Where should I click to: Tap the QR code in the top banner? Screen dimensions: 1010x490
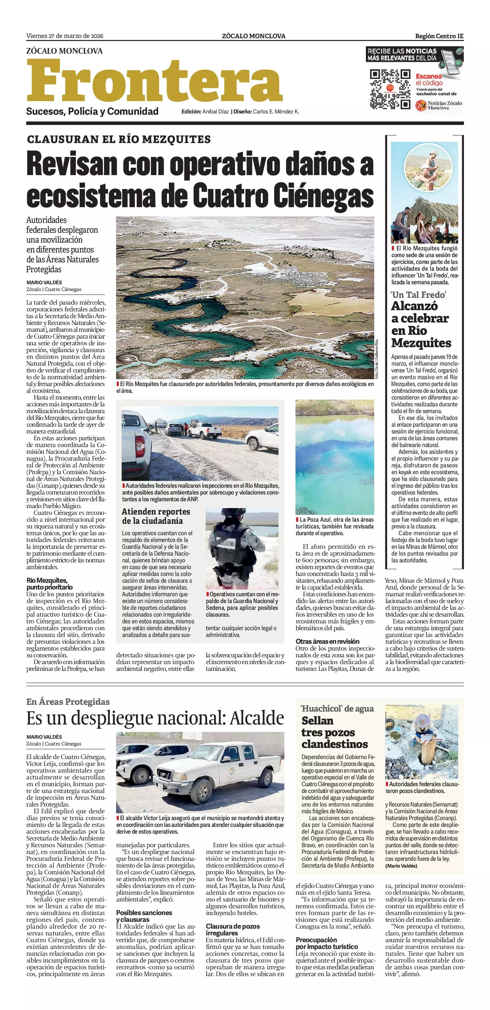(390, 89)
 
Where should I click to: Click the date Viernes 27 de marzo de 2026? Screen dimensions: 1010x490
(65, 36)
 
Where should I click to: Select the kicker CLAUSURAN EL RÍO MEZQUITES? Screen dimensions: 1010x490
(119, 139)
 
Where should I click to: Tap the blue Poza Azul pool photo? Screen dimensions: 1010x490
(334, 457)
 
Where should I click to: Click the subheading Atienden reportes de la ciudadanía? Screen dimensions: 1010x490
(156, 516)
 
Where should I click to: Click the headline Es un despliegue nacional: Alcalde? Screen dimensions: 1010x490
(155, 718)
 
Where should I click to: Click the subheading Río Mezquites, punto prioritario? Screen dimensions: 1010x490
(49, 583)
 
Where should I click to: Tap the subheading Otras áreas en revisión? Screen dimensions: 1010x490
(328, 641)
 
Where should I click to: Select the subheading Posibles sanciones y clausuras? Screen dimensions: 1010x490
(144, 916)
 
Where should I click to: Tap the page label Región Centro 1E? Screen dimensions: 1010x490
(439, 36)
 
